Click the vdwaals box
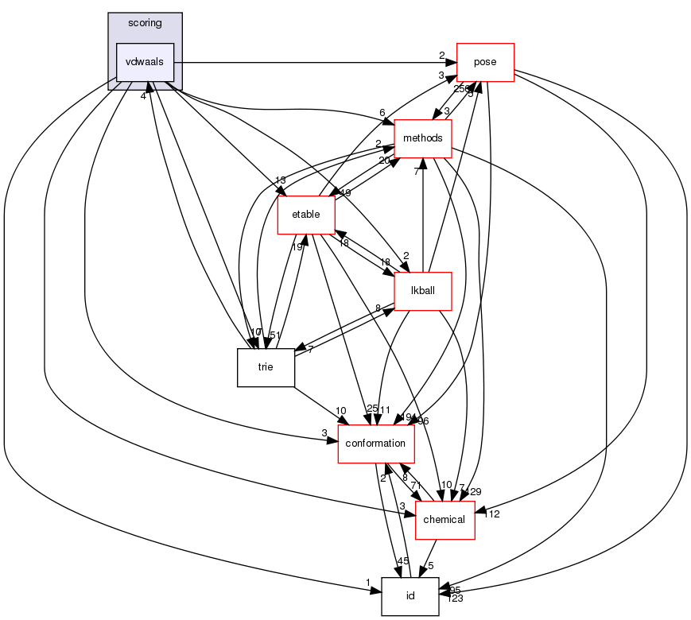click(x=145, y=62)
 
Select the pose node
click(x=485, y=62)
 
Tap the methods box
click(x=422, y=138)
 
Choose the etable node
click(x=305, y=214)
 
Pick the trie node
click(x=266, y=367)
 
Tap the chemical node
click(x=444, y=520)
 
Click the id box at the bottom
click(x=410, y=596)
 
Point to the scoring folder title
click(x=145, y=23)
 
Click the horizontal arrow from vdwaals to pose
click(x=318, y=62)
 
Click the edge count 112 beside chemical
click(x=491, y=514)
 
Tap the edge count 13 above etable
click(x=280, y=180)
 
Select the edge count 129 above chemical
click(x=474, y=492)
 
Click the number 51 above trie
click(x=275, y=335)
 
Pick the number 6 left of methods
click(x=382, y=113)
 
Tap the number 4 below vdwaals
click(x=143, y=96)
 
